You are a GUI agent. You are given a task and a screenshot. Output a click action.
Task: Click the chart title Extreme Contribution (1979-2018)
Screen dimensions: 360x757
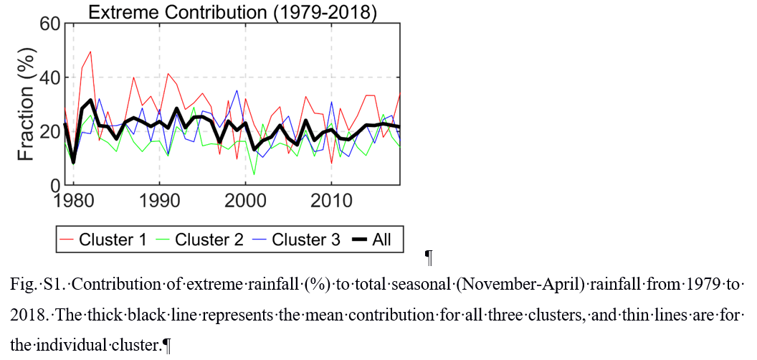coord(232,11)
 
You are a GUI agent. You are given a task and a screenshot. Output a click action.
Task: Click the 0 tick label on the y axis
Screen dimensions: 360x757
coord(54,185)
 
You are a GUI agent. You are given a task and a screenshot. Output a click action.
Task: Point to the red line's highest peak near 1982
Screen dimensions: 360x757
coord(90,52)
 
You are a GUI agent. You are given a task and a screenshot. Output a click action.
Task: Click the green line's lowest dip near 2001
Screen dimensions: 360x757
coord(254,174)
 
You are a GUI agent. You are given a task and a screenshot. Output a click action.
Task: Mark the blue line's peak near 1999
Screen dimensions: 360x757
coord(237,90)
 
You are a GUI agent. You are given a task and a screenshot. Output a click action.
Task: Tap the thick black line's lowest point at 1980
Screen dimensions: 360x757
coord(73,162)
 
